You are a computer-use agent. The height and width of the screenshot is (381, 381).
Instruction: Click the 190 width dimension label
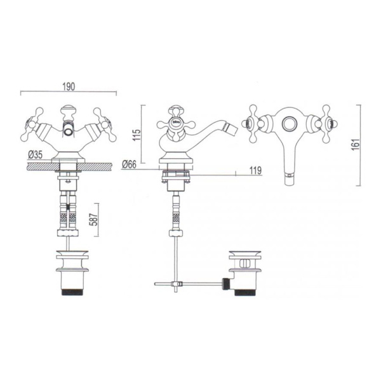coord(69,87)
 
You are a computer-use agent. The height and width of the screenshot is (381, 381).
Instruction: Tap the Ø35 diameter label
coord(35,154)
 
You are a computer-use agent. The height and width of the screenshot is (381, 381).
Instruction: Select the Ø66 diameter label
coord(130,164)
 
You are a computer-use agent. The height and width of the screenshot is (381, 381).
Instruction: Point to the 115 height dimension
coord(138,135)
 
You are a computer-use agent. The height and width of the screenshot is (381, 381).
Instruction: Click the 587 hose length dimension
coord(94,220)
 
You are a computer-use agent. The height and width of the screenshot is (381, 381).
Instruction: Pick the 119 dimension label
coord(255,171)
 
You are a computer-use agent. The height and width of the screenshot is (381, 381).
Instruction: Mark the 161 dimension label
coord(356,145)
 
